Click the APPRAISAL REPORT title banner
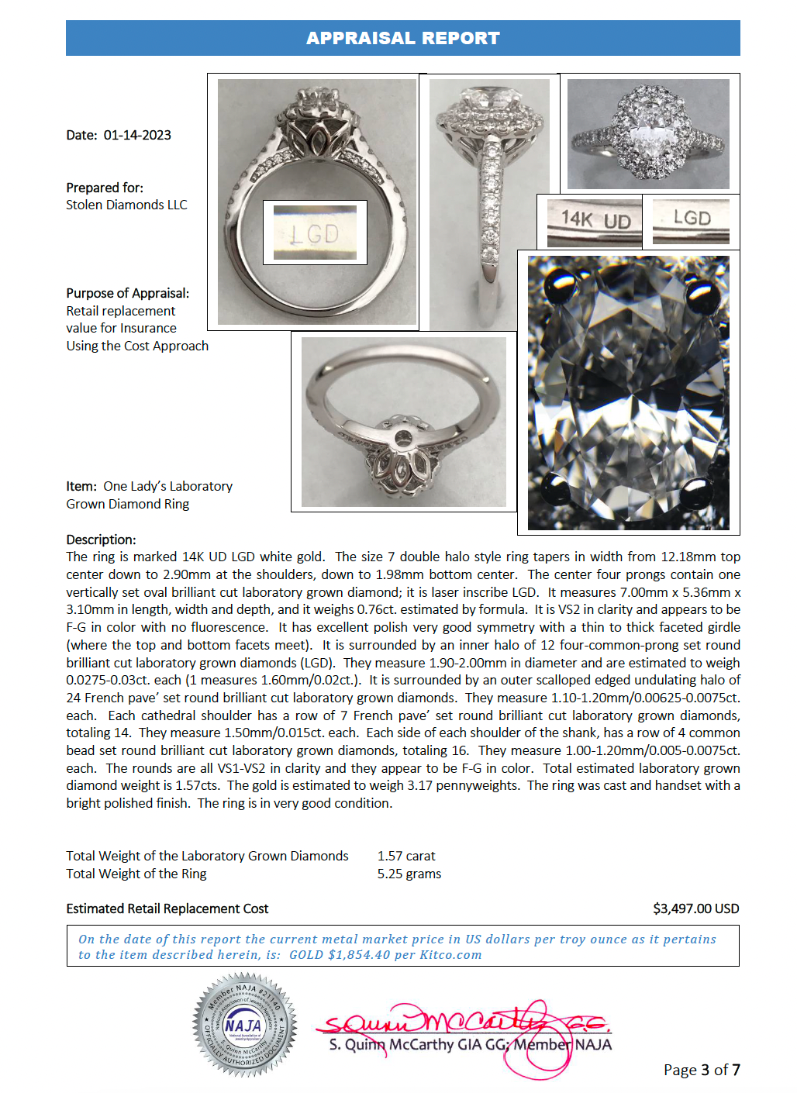[x=402, y=38]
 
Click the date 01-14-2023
[x=137, y=135]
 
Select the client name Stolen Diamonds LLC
[x=126, y=205]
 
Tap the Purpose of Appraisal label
[x=127, y=293]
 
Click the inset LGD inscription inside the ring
[x=314, y=233]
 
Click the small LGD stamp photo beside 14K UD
[x=692, y=219]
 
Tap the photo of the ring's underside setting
[x=403, y=422]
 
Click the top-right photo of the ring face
[x=648, y=133]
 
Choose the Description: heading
[x=101, y=540]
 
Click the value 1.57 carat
[x=406, y=856]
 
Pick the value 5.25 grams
[x=409, y=874]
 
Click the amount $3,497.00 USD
[x=695, y=909]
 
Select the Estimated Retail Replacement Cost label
[x=167, y=909]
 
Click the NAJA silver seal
[x=244, y=1024]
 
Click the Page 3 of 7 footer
[x=702, y=1070]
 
